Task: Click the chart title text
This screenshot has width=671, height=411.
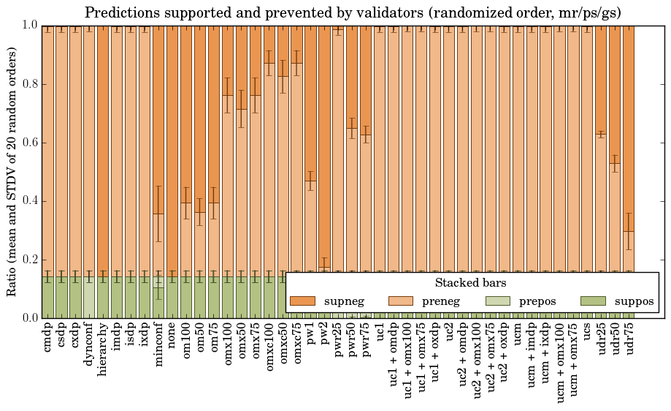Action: pos(353,12)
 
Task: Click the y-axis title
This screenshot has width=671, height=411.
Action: pos(12,171)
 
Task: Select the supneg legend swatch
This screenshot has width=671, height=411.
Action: pos(302,301)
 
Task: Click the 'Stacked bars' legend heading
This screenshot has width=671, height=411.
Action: pos(471,282)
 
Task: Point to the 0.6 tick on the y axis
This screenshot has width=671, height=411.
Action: pos(30,143)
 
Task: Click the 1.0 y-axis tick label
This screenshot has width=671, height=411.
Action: pos(30,25)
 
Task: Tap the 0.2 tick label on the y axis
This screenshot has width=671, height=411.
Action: pos(30,260)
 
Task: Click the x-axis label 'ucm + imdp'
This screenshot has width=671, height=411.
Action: pos(532,358)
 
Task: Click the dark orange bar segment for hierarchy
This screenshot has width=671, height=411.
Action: pos(103,146)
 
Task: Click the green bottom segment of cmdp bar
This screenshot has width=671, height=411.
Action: pos(47,297)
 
